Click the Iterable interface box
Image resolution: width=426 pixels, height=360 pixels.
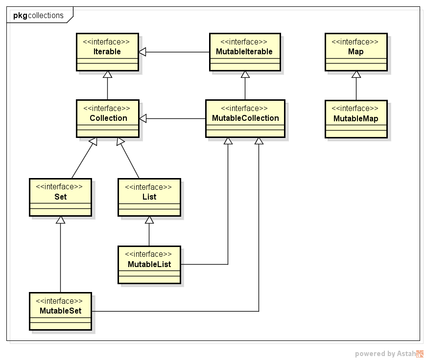[x=107, y=52]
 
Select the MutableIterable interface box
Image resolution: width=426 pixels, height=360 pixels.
[x=245, y=52]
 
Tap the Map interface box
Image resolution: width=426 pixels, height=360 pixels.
[x=356, y=52]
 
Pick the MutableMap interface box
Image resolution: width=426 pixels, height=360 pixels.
[x=356, y=119]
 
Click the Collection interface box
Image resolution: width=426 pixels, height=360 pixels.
[x=108, y=118]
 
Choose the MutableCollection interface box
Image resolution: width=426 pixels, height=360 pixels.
[x=245, y=118]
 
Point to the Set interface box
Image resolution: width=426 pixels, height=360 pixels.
[x=60, y=197]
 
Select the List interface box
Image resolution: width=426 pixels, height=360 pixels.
[x=149, y=197]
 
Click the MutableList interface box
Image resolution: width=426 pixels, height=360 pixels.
[x=149, y=265]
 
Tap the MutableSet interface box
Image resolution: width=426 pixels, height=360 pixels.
[x=60, y=311]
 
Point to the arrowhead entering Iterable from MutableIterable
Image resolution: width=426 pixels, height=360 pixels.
[x=143, y=52]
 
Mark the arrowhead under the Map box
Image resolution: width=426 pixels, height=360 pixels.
[x=356, y=74]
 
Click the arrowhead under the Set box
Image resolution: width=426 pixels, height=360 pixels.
[x=60, y=220]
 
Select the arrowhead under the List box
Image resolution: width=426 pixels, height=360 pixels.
[x=149, y=220]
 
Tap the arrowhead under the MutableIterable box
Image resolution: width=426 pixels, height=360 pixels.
[x=245, y=74]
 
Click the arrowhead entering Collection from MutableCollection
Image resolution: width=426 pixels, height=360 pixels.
[x=143, y=118]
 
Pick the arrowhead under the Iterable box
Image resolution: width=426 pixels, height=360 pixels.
[x=107, y=74]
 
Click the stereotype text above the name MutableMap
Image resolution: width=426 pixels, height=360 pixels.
[x=356, y=109]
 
